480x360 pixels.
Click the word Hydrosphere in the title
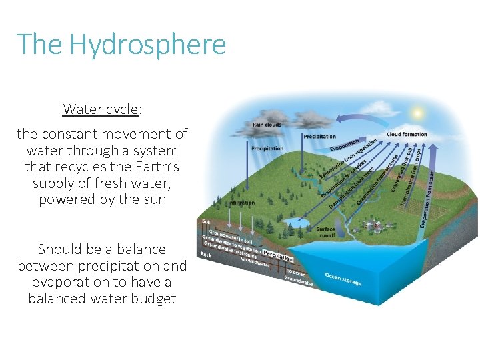click(x=147, y=45)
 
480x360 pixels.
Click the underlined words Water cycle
click(x=101, y=109)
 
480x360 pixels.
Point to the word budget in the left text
click(x=151, y=298)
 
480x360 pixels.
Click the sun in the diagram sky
click(x=417, y=113)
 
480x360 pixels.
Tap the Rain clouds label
click(x=266, y=124)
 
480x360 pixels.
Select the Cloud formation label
click(x=407, y=134)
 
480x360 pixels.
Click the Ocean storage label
click(x=343, y=278)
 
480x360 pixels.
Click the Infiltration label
click(x=241, y=203)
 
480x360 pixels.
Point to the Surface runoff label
click(x=325, y=232)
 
